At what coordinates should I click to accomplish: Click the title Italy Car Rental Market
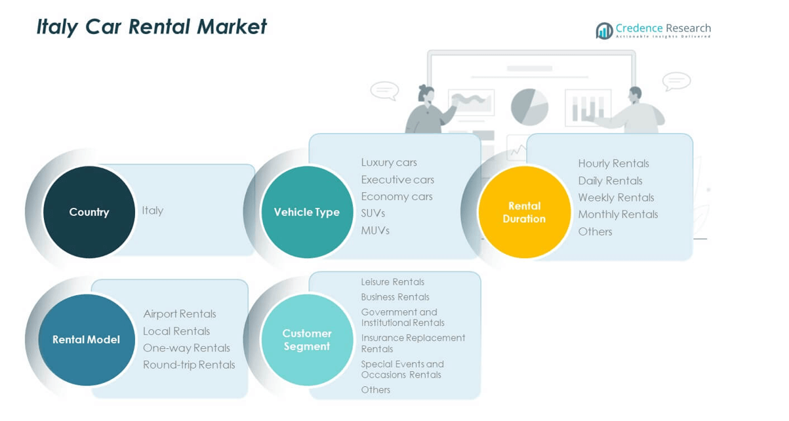click(152, 27)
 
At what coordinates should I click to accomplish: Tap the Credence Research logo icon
click(604, 30)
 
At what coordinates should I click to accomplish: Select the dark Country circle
click(89, 212)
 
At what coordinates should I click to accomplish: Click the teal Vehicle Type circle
click(307, 212)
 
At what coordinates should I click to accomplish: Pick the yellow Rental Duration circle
click(524, 212)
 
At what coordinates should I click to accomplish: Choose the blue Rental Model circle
click(86, 340)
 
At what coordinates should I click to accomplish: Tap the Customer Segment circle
click(307, 340)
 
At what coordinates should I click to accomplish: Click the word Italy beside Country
click(153, 210)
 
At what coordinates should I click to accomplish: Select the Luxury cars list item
click(389, 162)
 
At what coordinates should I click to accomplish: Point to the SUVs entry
click(373, 213)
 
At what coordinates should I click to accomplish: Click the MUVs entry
click(375, 230)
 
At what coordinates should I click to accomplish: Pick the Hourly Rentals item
click(613, 163)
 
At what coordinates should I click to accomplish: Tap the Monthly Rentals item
click(618, 214)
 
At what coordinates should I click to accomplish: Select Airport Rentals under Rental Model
click(180, 314)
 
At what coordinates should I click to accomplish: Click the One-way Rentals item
click(187, 348)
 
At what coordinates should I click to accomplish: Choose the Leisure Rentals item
click(393, 282)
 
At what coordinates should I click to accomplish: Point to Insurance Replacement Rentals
click(413, 343)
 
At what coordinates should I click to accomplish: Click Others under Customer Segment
click(376, 390)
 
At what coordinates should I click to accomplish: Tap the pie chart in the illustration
click(529, 106)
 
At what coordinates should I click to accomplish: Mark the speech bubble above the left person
click(384, 90)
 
